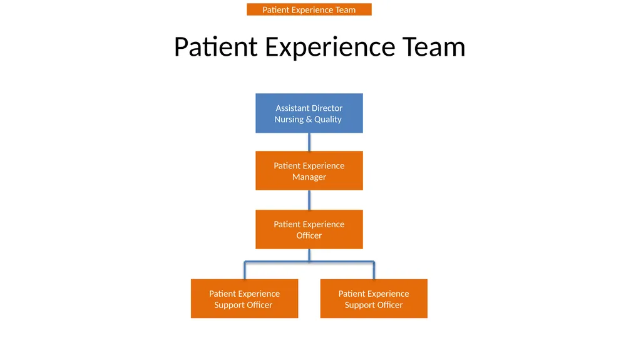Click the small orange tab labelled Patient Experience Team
[x=309, y=9]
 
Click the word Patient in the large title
[x=216, y=46]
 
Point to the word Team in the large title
[x=434, y=46]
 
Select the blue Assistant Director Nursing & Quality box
[x=309, y=113]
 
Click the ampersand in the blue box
[x=309, y=120]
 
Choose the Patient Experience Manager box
[x=309, y=170]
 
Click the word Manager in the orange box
[x=309, y=177]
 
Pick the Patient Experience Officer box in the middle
[x=309, y=230]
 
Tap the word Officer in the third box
[x=309, y=235]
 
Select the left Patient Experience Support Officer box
[x=245, y=299]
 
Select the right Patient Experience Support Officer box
[x=374, y=299]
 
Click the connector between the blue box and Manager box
[x=309, y=142]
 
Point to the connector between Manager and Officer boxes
[x=309, y=200]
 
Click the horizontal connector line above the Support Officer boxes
[x=309, y=262]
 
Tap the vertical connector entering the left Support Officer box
[x=245, y=270]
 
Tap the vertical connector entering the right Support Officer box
[x=374, y=270]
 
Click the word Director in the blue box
[x=327, y=108]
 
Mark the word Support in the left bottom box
[x=229, y=305]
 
